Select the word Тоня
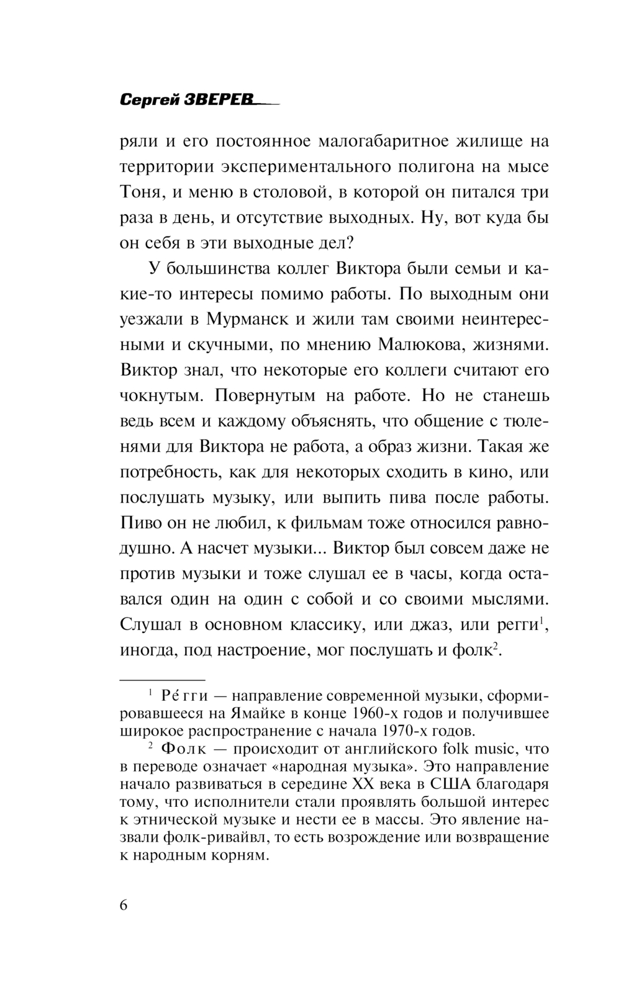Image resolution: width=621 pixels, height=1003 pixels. point(142,192)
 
